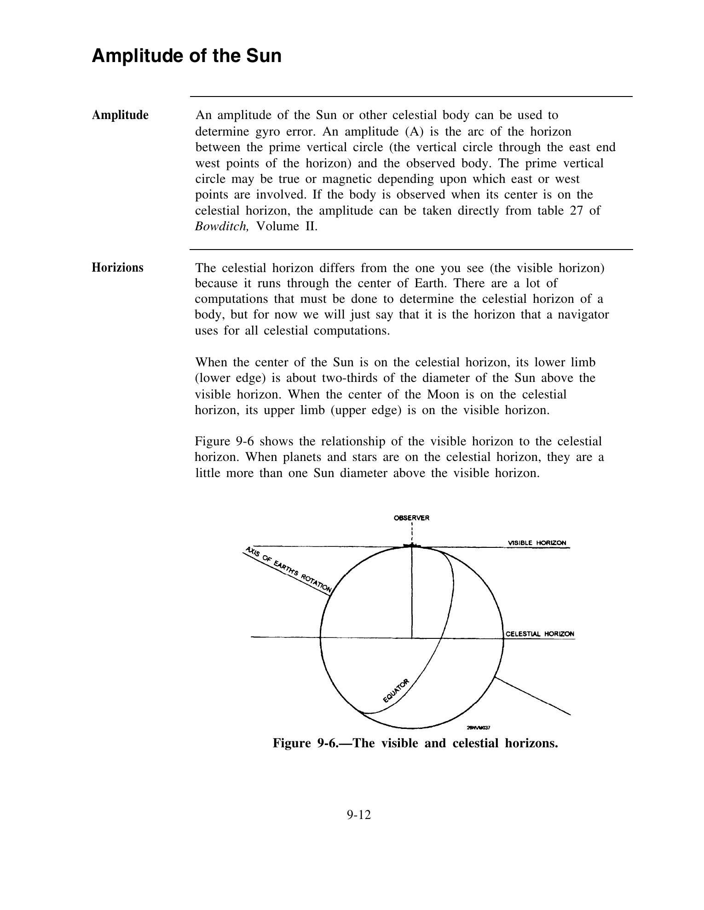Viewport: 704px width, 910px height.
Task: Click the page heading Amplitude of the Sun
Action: pyautogui.click(x=186, y=56)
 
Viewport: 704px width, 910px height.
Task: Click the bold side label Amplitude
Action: pyautogui.click(x=120, y=115)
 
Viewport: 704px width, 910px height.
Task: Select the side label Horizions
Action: pyautogui.click(x=117, y=267)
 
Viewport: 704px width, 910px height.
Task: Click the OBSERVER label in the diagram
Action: pyautogui.click(x=411, y=518)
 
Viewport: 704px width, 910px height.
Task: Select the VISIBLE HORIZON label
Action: pyautogui.click(x=537, y=543)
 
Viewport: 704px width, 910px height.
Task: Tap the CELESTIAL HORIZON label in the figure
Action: pyautogui.click(x=540, y=634)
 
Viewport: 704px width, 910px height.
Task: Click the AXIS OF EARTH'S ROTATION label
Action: pyautogui.click(x=288, y=569)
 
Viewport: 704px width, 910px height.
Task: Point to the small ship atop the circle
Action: pyautogui.click(x=412, y=546)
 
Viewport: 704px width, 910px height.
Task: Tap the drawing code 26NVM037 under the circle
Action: pyautogui.click(x=479, y=728)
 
